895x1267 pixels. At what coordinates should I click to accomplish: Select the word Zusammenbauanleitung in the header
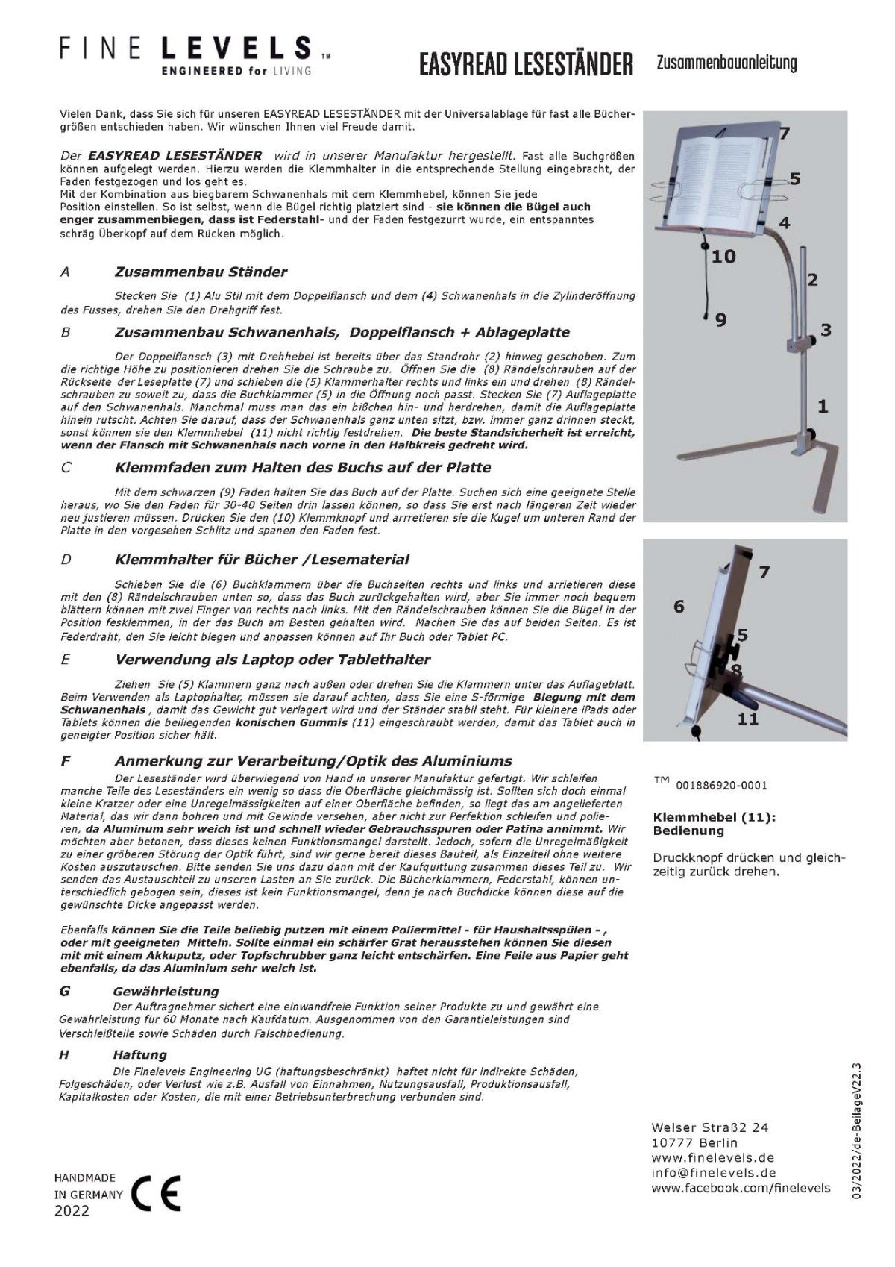pyautogui.click(x=726, y=63)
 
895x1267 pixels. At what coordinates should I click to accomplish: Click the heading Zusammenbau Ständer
pyautogui.click(x=201, y=272)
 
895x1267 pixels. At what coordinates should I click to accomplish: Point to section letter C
pyautogui.click(x=66, y=468)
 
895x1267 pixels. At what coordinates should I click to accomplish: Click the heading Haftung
pyautogui.click(x=139, y=1054)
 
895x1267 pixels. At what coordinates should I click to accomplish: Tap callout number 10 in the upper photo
pyautogui.click(x=723, y=257)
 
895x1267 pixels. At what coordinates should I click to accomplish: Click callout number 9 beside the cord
pyautogui.click(x=720, y=319)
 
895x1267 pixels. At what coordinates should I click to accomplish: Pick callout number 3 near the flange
pyautogui.click(x=826, y=330)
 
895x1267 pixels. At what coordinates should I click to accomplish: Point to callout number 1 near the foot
pyautogui.click(x=823, y=407)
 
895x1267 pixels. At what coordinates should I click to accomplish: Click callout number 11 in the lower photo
pyautogui.click(x=748, y=719)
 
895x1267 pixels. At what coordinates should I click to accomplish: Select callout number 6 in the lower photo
pyautogui.click(x=678, y=606)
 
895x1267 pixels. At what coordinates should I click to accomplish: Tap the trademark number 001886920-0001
pyautogui.click(x=721, y=785)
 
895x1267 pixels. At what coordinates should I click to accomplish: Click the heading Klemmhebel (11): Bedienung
pyautogui.click(x=714, y=823)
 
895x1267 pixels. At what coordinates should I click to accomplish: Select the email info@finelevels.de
pyautogui.click(x=703, y=1172)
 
